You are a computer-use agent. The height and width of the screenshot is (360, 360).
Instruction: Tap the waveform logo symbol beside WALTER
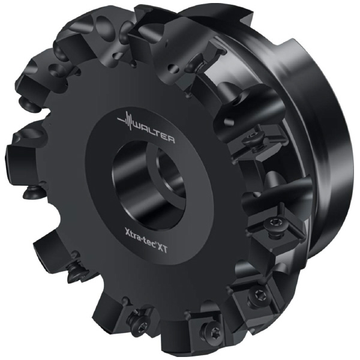click(126, 121)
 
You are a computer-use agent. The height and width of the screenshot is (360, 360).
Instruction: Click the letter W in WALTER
click(137, 127)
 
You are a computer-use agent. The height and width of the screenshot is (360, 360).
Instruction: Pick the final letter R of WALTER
click(171, 139)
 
